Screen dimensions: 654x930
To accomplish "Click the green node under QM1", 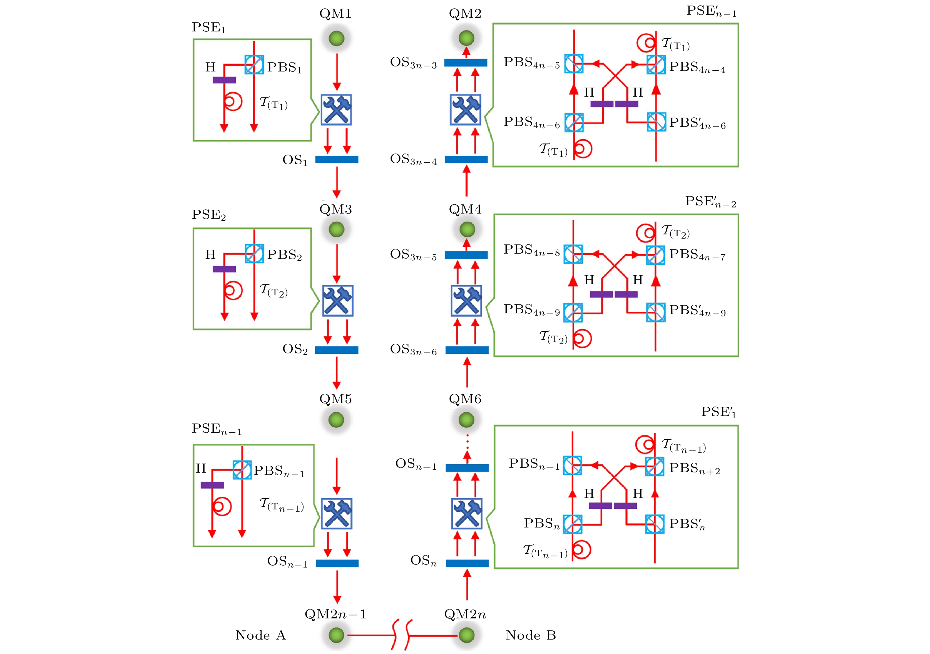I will [336, 38].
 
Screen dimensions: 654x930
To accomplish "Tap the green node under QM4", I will [467, 229].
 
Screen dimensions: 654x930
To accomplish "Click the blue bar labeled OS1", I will [337, 159].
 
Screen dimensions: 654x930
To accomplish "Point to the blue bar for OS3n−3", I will [465, 63].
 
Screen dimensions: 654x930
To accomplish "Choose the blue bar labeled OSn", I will [467, 563].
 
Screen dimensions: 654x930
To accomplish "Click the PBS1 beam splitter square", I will [254, 65].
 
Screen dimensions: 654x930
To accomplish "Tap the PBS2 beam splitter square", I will [254, 254].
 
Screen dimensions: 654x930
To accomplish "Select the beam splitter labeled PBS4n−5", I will [574, 64].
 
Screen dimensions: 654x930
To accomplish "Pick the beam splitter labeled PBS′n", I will [655, 524].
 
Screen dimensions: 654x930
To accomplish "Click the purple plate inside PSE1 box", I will [224, 80].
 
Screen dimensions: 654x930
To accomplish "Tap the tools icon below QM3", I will [338, 301].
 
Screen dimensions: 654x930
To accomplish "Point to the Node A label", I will [260, 635].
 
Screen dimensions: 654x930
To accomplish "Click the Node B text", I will [531, 635].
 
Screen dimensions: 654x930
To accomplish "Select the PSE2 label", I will [209, 215].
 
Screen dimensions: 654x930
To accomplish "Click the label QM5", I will [335, 399].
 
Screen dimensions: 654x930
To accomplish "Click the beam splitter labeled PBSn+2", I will [655, 466].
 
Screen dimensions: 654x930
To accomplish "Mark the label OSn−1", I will [287, 562].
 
